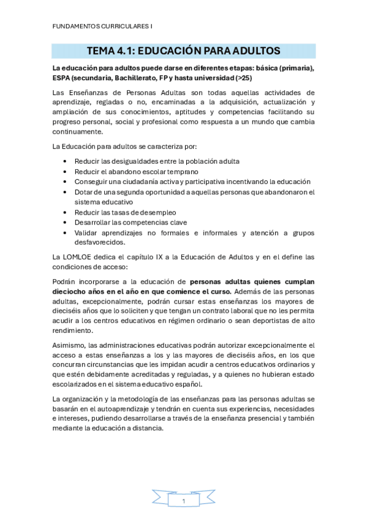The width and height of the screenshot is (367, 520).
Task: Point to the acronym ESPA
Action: tap(62, 78)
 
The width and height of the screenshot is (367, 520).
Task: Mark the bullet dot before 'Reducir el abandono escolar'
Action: tap(66, 171)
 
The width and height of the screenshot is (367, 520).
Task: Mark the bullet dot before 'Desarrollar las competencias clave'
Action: tap(66, 222)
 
